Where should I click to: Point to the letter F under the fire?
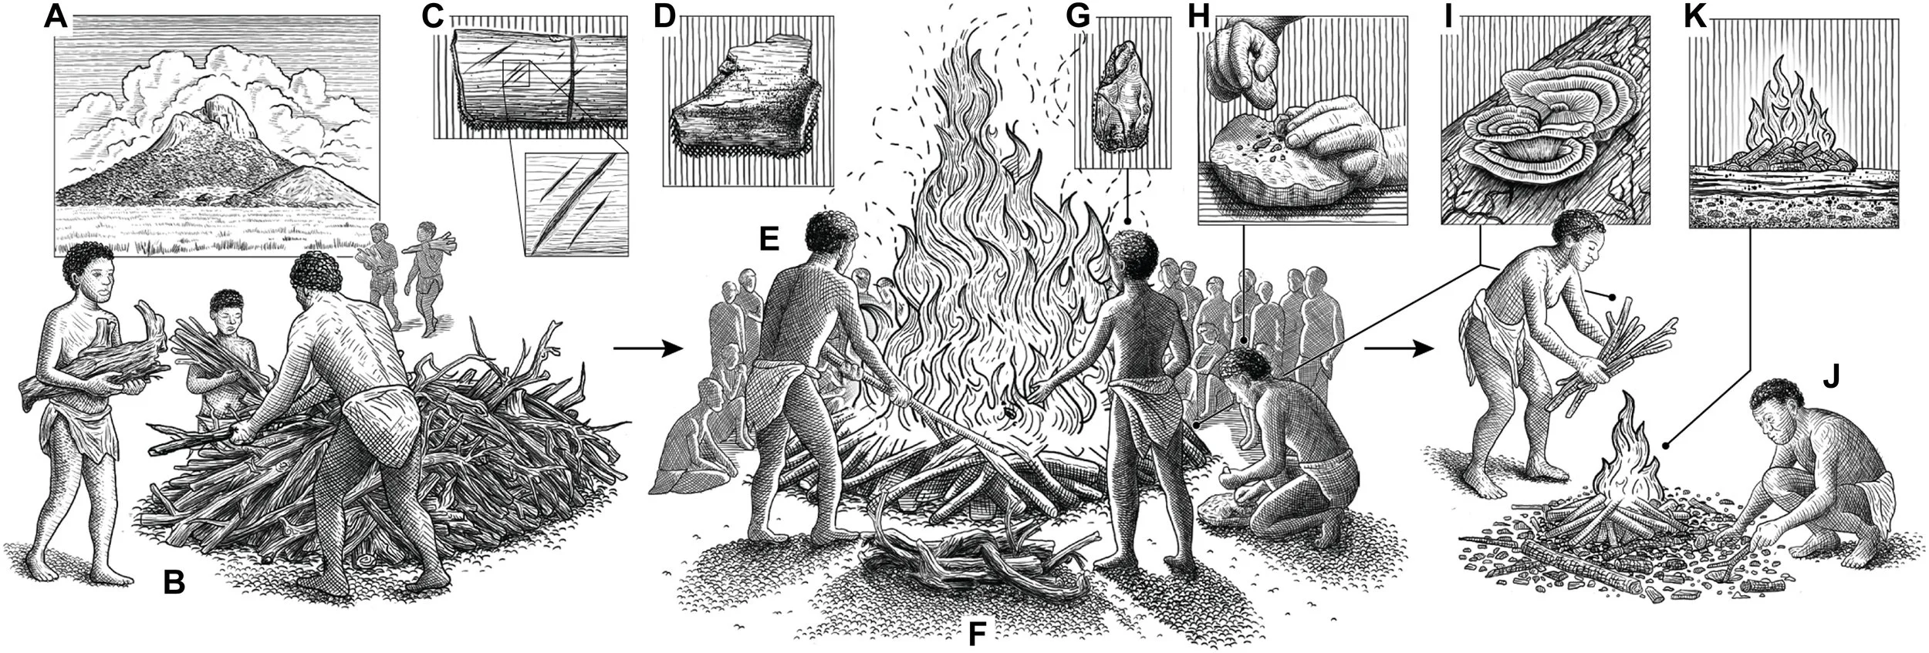coord(977,634)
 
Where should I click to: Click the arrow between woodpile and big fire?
coord(648,349)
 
